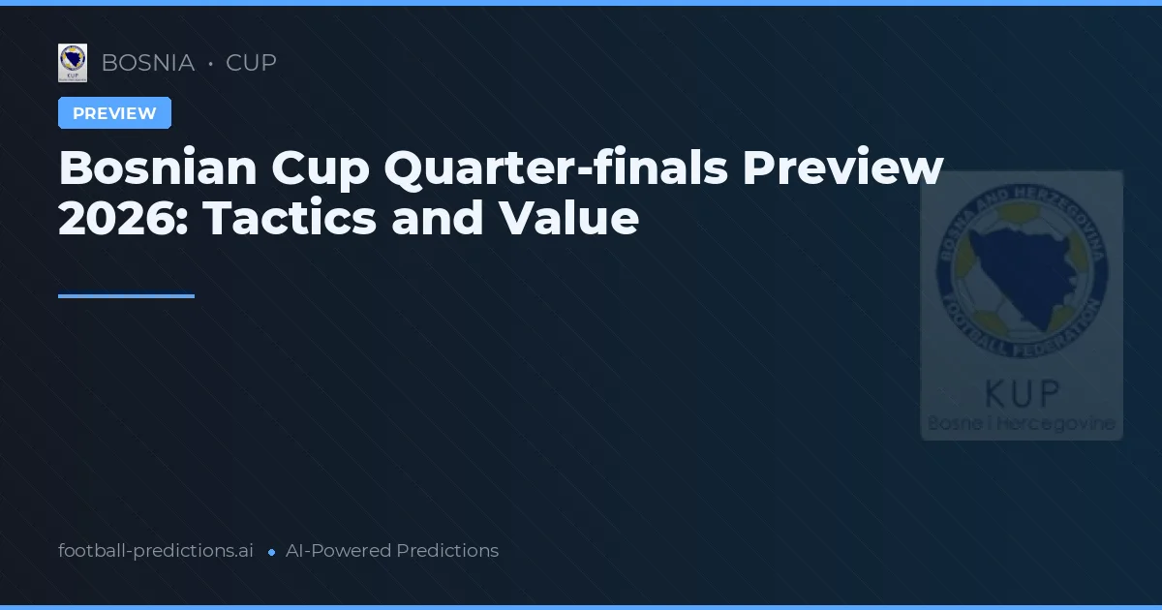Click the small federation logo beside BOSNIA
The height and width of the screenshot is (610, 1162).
tap(73, 63)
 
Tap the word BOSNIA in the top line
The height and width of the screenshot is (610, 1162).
tap(147, 63)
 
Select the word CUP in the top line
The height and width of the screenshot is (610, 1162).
tap(251, 63)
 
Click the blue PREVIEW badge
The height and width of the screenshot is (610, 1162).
tap(114, 113)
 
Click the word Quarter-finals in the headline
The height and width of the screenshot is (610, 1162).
tap(555, 168)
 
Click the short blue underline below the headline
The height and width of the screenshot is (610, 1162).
tap(126, 296)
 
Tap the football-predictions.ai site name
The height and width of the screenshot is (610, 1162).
tap(156, 551)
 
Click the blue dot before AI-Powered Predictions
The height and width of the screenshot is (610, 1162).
tap(271, 552)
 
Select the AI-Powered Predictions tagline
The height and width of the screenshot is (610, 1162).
tap(392, 551)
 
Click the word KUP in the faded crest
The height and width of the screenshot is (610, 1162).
tap(1022, 392)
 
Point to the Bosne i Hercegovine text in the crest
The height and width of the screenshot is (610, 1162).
tap(1022, 424)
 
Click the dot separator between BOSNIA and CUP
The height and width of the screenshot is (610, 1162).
tap(210, 64)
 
